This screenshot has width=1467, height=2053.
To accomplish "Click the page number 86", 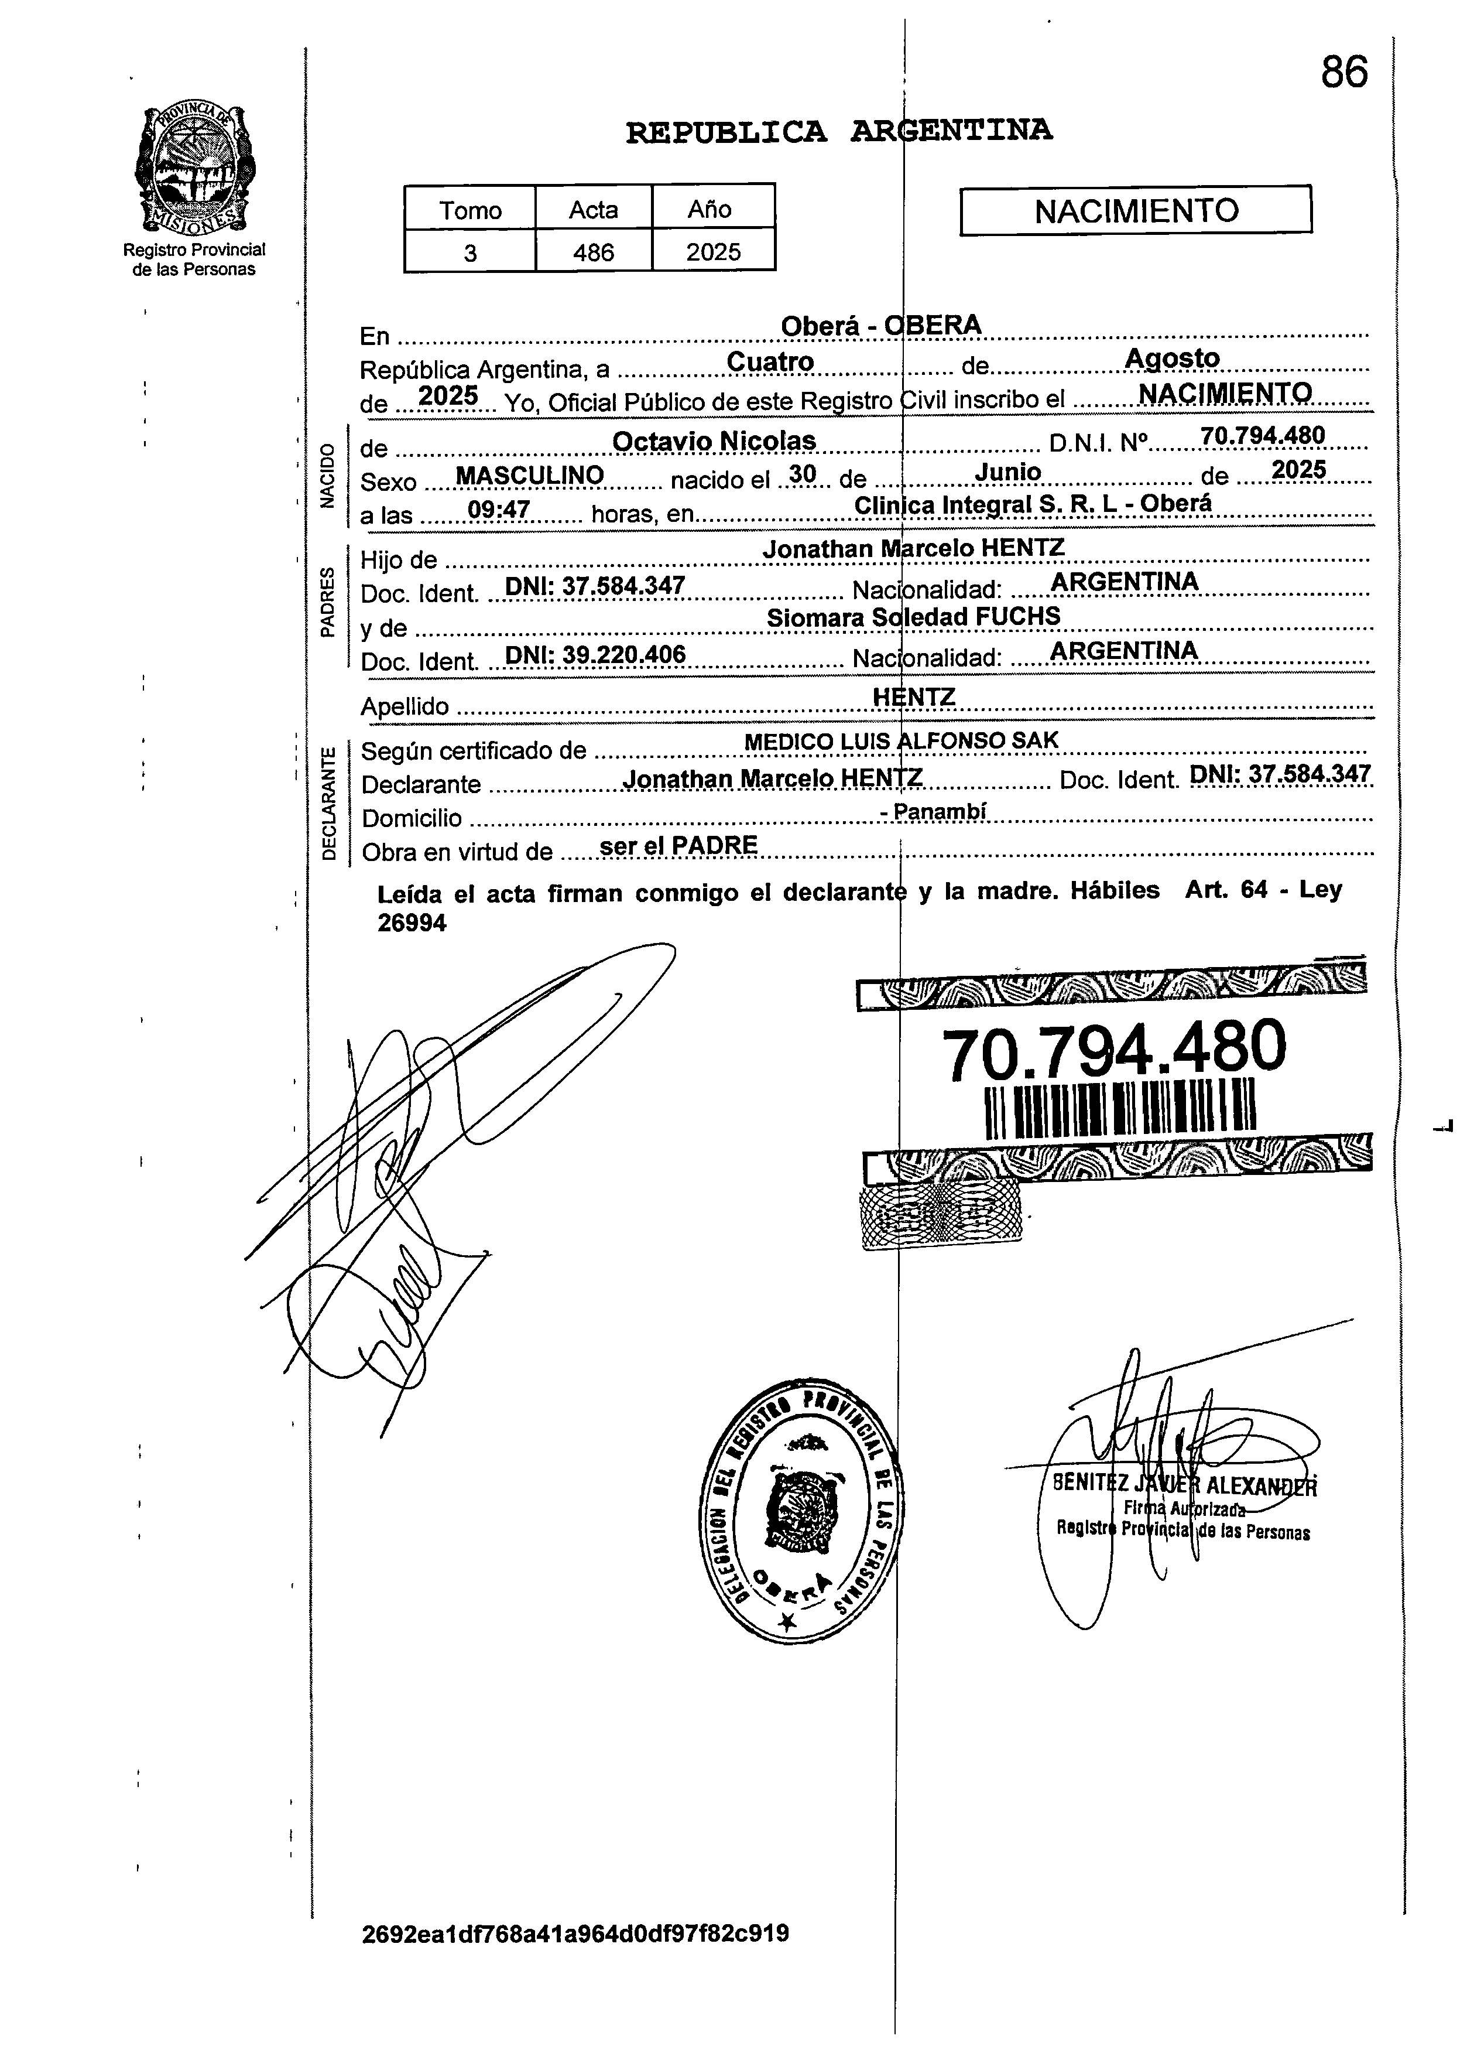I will [x=1343, y=72].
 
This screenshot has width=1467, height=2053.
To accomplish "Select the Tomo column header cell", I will [x=469, y=210].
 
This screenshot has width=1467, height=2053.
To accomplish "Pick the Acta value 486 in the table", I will [x=594, y=252].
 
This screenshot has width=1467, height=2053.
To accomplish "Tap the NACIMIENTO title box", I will [x=1136, y=210].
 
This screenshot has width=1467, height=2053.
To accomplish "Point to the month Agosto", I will [x=1171, y=358].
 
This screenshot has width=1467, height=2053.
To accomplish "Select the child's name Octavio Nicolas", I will [x=714, y=441].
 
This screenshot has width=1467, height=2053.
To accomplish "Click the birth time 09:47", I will [x=499, y=510].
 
